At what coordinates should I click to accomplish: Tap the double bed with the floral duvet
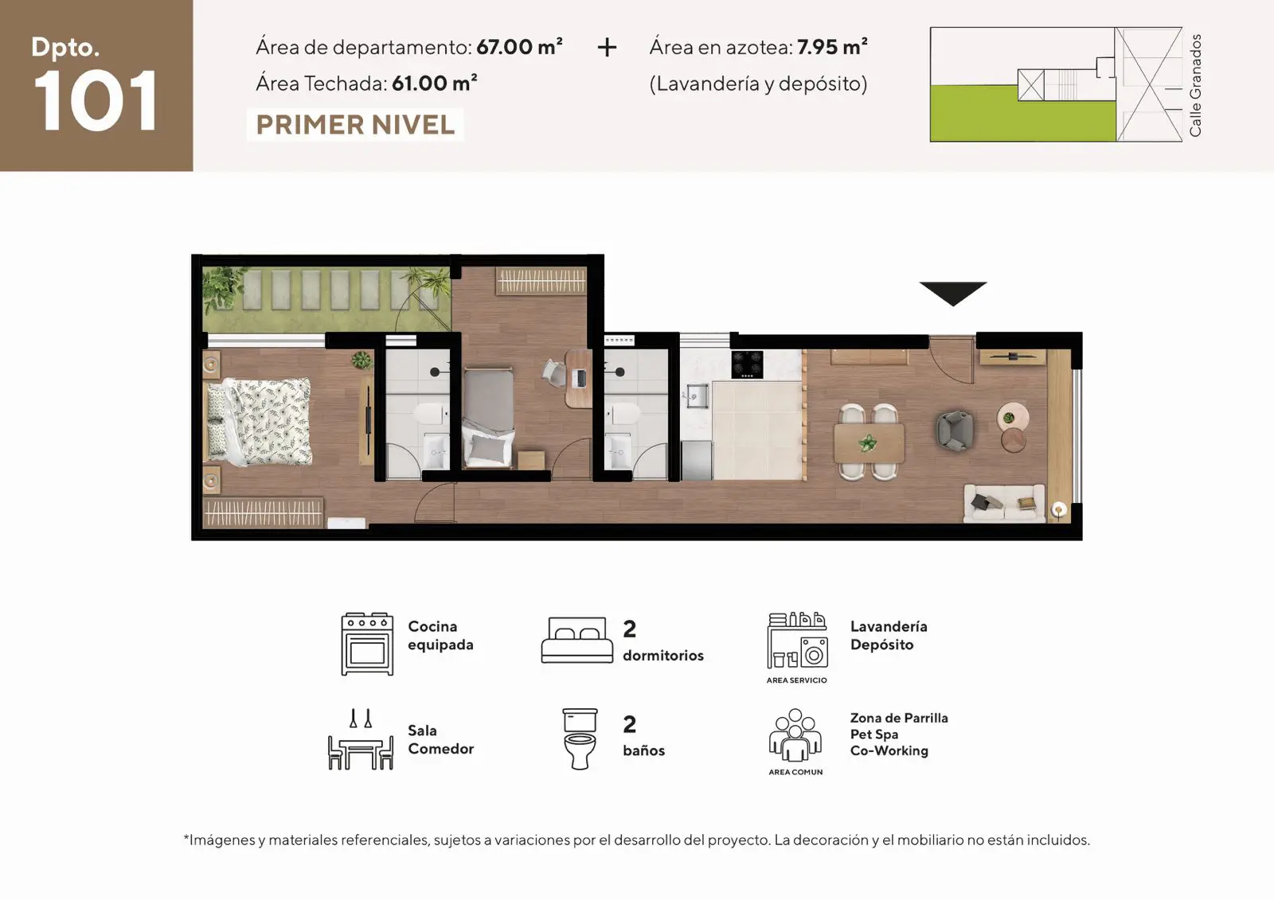tap(260, 422)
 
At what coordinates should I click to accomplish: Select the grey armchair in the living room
tap(955, 431)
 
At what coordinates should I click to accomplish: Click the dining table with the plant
tap(869, 443)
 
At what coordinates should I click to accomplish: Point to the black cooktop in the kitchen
tap(747, 364)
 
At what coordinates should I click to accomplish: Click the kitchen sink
tap(697, 395)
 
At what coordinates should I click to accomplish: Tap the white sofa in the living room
tap(1004, 503)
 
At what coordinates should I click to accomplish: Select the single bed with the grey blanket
tap(489, 418)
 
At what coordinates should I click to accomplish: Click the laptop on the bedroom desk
tap(580, 378)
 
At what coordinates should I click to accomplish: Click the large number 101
tap(96, 101)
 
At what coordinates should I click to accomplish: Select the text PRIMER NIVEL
tap(355, 125)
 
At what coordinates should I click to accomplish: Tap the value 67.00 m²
tap(519, 47)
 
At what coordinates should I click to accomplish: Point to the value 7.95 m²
tap(832, 47)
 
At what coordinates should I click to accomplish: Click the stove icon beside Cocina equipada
tap(367, 644)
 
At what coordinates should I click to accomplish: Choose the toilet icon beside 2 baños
tap(580, 738)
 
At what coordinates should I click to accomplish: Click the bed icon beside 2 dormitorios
tap(576, 640)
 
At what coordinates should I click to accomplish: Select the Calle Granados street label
tap(1195, 85)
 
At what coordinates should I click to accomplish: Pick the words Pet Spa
tap(874, 734)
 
